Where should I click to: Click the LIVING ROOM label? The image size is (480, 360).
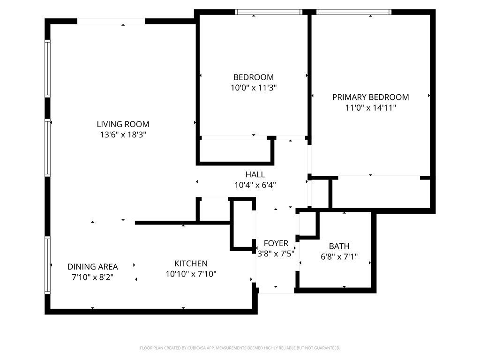click(x=123, y=124)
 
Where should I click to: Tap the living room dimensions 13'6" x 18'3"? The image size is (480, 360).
click(x=123, y=135)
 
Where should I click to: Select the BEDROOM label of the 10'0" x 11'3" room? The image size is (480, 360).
click(x=254, y=77)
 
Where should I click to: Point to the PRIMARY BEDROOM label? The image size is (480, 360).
click(x=371, y=97)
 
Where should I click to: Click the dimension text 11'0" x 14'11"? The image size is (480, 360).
click(x=371, y=108)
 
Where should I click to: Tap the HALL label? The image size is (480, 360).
click(x=255, y=174)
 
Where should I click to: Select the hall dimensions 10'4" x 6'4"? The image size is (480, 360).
click(x=255, y=185)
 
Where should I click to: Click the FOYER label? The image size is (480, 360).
click(x=276, y=243)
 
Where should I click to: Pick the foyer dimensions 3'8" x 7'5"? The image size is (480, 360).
click(x=276, y=254)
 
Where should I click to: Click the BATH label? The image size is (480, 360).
click(x=339, y=246)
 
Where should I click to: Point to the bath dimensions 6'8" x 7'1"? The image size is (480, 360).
click(x=339, y=256)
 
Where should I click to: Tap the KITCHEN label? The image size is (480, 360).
click(x=191, y=263)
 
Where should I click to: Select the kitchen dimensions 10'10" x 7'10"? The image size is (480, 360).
click(x=191, y=274)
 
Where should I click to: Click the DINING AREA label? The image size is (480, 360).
click(x=93, y=267)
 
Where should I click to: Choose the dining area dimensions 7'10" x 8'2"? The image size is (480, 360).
click(x=93, y=277)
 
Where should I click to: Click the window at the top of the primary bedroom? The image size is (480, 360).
click(x=354, y=12)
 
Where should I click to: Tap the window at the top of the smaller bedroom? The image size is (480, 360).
click(x=269, y=12)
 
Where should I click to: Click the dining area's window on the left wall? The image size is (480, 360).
click(x=47, y=265)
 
